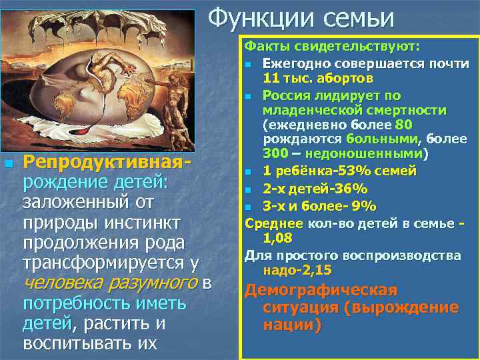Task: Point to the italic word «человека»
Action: pyautogui.click(x=60, y=284)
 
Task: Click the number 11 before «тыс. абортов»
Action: pyautogui.click(x=272, y=78)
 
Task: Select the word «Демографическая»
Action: pyautogui.click(x=321, y=291)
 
